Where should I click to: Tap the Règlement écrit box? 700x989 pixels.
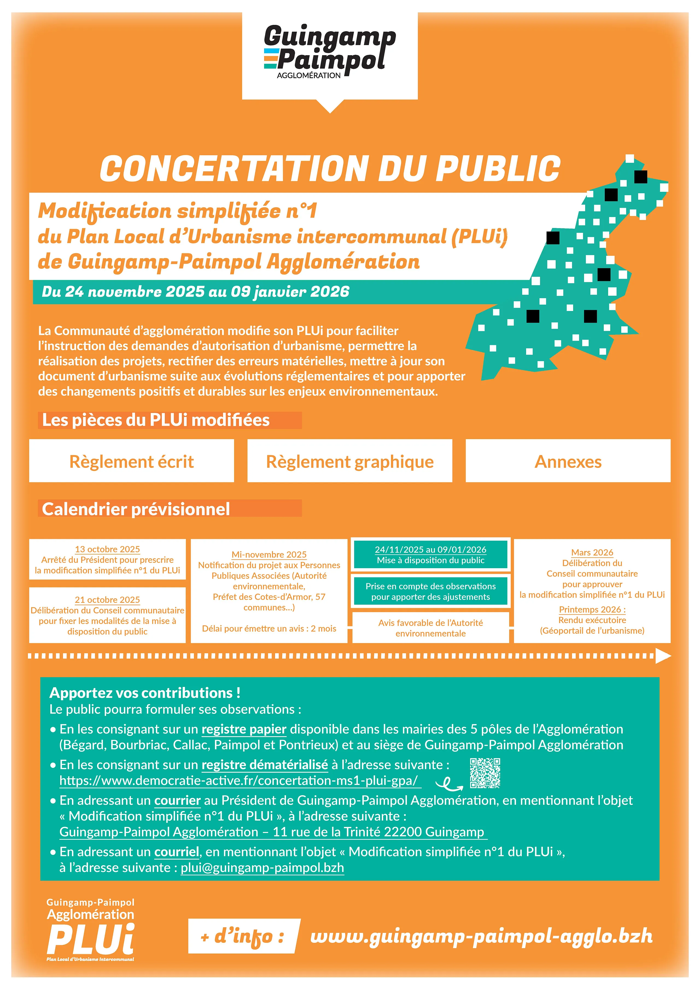pyautogui.click(x=132, y=461)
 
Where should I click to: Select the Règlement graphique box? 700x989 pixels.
pyautogui.click(x=349, y=461)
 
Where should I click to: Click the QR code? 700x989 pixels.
pyautogui.click(x=485, y=773)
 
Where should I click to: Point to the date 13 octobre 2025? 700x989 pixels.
pyautogui.click(x=107, y=549)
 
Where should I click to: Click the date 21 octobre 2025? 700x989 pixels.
pyautogui.click(x=107, y=600)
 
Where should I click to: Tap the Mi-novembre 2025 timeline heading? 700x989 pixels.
pyautogui.click(x=269, y=554)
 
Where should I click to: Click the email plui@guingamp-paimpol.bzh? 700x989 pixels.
pyautogui.click(x=262, y=868)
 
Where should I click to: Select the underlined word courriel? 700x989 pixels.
pyautogui.click(x=177, y=852)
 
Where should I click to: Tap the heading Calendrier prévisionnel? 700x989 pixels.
pyautogui.click(x=136, y=509)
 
